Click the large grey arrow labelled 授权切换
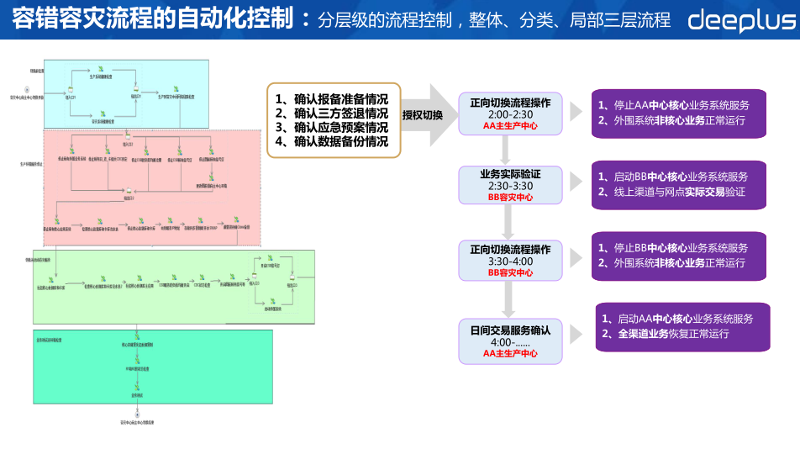coord(429,115)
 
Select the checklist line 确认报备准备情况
coord(333,98)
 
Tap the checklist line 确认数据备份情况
coord(333,141)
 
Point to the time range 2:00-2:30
coord(510,114)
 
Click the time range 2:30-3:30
coord(510,185)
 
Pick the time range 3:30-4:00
coord(510,261)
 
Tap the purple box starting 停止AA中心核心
coord(679,113)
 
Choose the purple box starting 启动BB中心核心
coord(679,184)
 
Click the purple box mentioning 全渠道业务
coord(682,326)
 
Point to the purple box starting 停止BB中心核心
coord(679,256)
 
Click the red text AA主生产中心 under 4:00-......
coord(510,354)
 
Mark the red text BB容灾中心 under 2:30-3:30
coord(510,197)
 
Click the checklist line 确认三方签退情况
coord(333,113)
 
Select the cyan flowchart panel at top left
coord(126,93)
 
